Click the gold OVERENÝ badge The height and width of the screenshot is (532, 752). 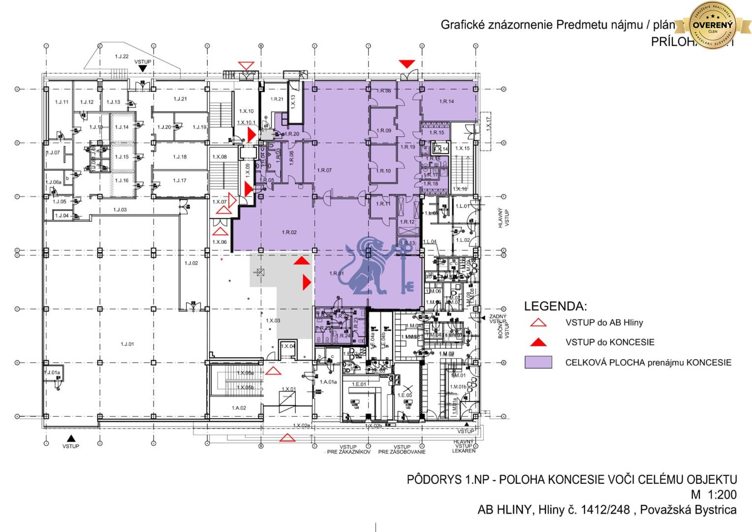[x=713, y=25]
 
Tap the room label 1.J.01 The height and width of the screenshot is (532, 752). [x=127, y=344]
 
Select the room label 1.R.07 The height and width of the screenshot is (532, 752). [x=324, y=170]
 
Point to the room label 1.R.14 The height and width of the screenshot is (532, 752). [x=446, y=101]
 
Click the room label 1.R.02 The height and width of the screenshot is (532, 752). [x=289, y=232]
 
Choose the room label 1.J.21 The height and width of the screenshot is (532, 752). [x=180, y=99]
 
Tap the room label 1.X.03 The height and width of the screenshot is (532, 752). [x=273, y=321]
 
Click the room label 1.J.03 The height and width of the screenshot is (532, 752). [x=120, y=210]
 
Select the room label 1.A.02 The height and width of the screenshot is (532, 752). [x=239, y=408]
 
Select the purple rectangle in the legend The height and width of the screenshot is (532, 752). [x=538, y=363]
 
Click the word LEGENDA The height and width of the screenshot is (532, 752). [x=555, y=306]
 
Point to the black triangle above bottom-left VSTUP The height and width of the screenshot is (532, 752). [x=71, y=437]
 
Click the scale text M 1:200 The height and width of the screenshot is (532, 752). [x=713, y=495]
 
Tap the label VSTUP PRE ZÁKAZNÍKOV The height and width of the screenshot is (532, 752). [x=348, y=449]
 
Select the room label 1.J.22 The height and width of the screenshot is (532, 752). [x=122, y=57]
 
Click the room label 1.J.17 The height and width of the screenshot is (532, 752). [x=180, y=180]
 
